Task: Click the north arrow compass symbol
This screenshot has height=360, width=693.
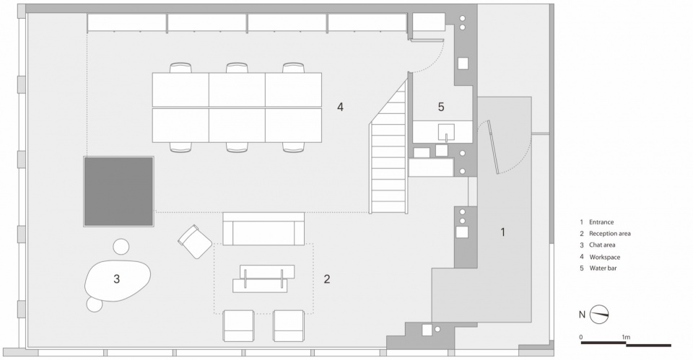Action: click(x=599, y=315)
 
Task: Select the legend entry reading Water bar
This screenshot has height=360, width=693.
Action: click(x=603, y=268)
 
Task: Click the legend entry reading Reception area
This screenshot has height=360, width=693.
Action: click(x=610, y=234)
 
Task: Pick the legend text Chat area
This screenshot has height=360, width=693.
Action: click(x=602, y=245)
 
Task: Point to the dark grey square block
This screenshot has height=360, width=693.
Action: click(x=119, y=192)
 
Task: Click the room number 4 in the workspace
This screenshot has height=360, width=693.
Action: click(x=340, y=107)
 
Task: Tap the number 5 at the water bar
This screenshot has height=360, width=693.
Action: click(x=441, y=107)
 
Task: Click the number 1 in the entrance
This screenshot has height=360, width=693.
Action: click(x=502, y=232)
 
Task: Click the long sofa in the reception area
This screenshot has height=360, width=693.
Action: click(x=263, y=229)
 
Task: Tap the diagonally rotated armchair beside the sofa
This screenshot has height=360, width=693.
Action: click(x=195, y=242)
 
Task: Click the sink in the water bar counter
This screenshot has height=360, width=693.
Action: click(x=446, y=131)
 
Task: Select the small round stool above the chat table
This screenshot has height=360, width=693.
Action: click(x=121, y=247)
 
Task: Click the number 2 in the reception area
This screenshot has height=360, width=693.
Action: click(x=326, y=279)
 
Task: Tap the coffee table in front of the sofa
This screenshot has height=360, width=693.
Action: click(x=264, y=278)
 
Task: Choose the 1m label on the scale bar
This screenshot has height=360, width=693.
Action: click(x=626, y=337)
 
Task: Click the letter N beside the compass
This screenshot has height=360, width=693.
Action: click(x=582, y=315)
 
